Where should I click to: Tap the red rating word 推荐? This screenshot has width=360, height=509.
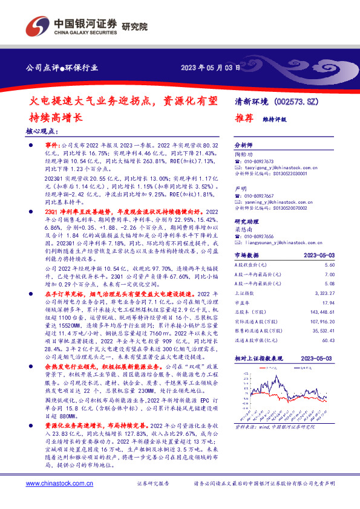[243, 120]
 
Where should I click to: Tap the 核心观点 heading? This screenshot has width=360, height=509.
[42, 130]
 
